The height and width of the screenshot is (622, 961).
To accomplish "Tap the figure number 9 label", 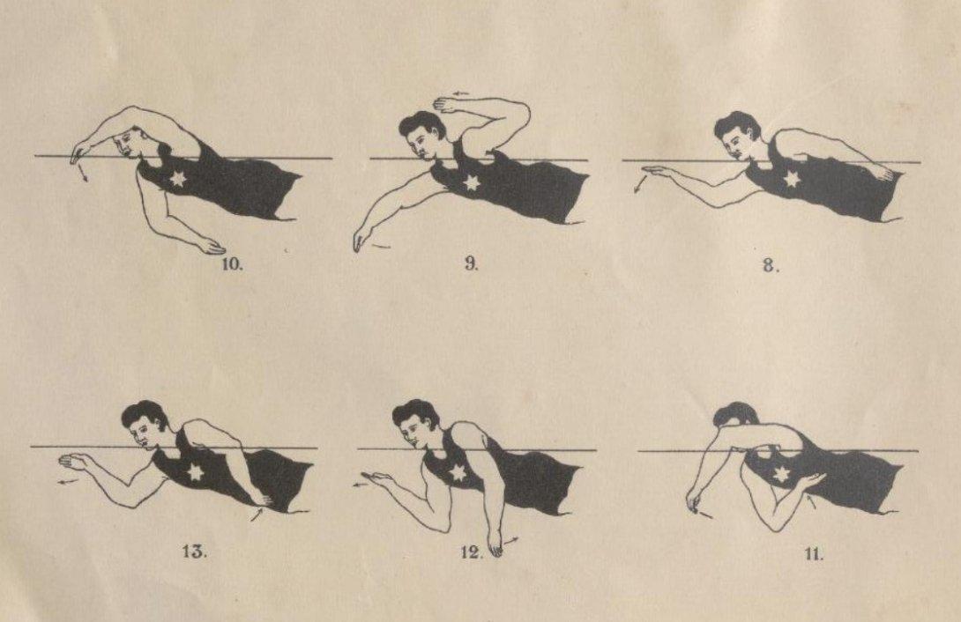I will [472, 264].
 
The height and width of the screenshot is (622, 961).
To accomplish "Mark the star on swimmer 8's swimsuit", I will [792, 179].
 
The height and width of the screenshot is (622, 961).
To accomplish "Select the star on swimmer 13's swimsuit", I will [195, 473].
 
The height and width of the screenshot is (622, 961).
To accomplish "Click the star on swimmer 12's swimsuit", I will [458, 473].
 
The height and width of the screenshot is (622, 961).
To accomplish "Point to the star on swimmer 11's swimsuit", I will [780, 475].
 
